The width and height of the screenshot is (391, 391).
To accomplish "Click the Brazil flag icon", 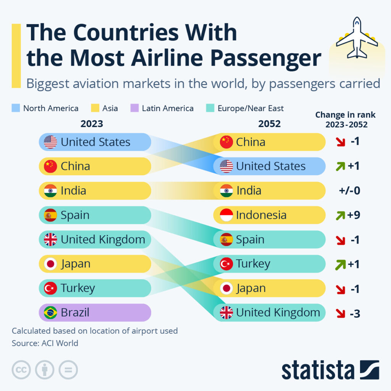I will click(x=50, y=313).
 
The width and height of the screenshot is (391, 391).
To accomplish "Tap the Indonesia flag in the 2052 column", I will click(x=226, y=215).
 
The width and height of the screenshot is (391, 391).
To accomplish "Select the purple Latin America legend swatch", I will click(x=134, y=108).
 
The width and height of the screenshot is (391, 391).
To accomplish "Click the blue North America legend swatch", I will click(x=16, y=108).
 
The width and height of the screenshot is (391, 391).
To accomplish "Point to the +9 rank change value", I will click(x=354, y=215).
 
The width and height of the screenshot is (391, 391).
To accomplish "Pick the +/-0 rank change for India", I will click(x=349, y=191).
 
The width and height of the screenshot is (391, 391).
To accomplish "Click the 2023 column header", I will click(x=92, y=124).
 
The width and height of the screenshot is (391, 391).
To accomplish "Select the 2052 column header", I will click(x=269, y=124).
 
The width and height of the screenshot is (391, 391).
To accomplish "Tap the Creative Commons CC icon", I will click(x=21, y=370).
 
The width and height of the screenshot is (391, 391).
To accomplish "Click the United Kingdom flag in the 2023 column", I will click(x=50, y=240).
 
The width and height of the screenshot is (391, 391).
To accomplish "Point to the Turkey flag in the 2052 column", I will click(x=226, y=264).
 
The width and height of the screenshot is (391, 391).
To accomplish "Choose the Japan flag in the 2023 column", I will click(x=50, y=264).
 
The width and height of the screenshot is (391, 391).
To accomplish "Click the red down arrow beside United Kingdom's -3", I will click(x=340, y=313).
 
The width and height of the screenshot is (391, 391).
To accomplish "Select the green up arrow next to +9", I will click(x=340, y=215).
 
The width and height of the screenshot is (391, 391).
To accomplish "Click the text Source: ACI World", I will click(x=45, y=343).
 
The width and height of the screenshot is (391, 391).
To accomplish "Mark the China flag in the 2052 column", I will click(x=226, y=142).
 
